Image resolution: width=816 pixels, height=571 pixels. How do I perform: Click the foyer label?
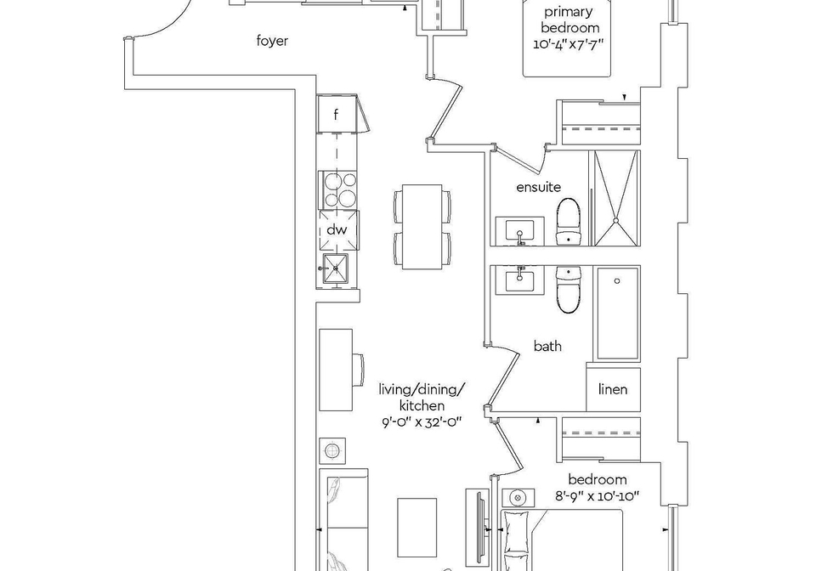(272, 41)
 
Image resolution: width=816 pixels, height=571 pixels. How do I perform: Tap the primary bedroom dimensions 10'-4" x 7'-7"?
(568, 44)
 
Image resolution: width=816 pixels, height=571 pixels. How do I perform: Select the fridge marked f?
(336, 114)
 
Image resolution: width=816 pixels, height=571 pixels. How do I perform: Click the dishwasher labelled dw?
(338, 230)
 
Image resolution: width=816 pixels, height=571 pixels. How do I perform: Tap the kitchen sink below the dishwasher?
(336, 269)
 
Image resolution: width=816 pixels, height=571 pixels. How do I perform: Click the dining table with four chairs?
(422, 226)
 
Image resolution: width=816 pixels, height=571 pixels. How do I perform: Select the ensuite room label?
(539, 187)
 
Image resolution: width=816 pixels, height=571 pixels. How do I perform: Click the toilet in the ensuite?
(569, 222)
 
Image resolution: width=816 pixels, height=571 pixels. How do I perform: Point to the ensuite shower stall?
(616, 198)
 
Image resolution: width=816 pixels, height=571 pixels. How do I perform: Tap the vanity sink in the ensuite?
(519, 231)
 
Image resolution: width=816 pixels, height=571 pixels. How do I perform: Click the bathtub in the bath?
(617, 314)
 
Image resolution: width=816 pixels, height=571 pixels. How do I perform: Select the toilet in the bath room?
(569, 290)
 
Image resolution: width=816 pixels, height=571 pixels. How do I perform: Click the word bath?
(547, 346)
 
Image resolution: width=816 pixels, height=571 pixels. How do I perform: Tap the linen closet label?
(613, 389)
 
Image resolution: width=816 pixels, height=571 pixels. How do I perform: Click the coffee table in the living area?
(416, 528)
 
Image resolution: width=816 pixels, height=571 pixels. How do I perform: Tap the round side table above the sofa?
(332, 450)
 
